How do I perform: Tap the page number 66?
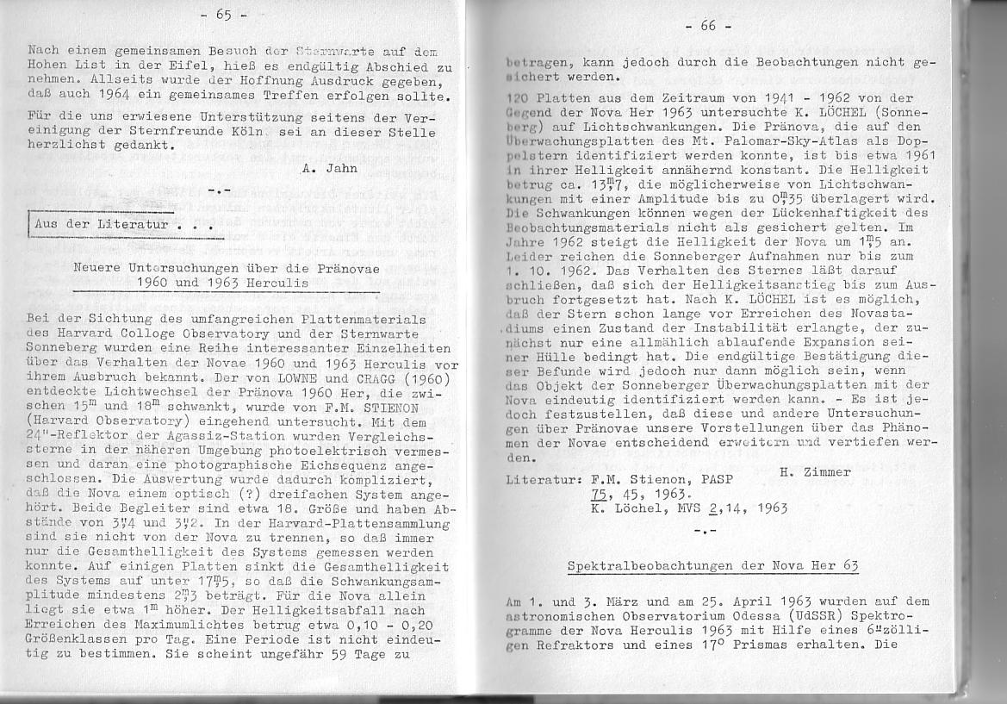[x=708, y=25]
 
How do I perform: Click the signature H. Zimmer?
[x=814, y=471]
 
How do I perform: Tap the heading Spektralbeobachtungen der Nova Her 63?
[x=712, y=566]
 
